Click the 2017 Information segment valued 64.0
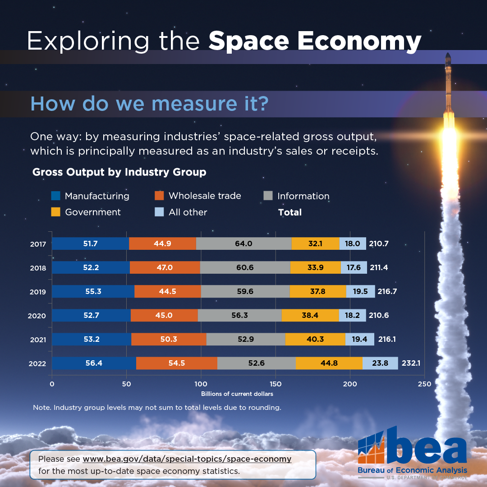tap(243, 243)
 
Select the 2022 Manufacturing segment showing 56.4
tap(94, 363)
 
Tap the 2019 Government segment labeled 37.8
tap(318, 291)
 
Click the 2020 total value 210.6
tap(379, 315)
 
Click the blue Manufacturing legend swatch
tap(56, 196)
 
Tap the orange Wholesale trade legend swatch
tap(159, 196)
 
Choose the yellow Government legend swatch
tap(56, 212)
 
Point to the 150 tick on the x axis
tap(275, 384)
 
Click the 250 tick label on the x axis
tap(424, 384)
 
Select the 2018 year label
tap(38, 268)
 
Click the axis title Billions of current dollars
tap(237, 394)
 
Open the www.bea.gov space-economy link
tap(187, 459)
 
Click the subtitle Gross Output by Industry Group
tap(119, 172)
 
